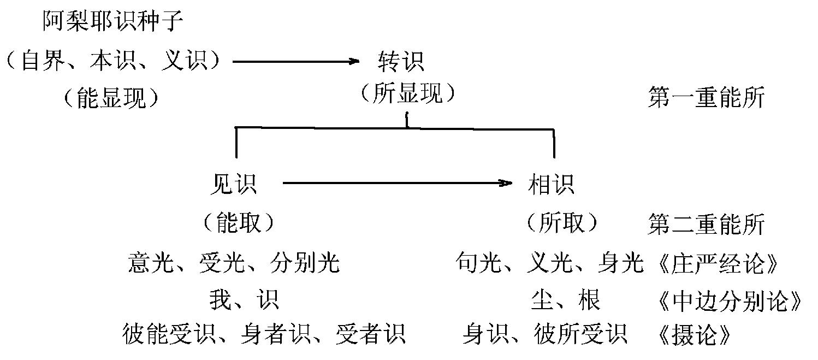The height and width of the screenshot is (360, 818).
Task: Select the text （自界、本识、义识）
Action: tap(113, 61)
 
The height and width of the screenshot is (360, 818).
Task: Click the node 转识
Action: tap(400, 61)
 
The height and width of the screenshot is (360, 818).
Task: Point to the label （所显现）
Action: tap(407, 94)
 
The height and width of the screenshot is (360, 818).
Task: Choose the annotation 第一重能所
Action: tap(706, 99)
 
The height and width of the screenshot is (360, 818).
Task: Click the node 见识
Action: tap(233, 184)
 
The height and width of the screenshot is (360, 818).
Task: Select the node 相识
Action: tap(552, 184)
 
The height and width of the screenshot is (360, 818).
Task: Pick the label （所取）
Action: tap(562, 222)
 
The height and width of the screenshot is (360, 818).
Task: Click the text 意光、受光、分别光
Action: tap(234, 263)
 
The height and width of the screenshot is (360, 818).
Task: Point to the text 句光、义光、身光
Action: tap(550, 263)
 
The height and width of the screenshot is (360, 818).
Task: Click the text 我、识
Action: tap(244, 299)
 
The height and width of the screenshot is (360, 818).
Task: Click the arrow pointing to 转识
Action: tap(295, 61)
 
